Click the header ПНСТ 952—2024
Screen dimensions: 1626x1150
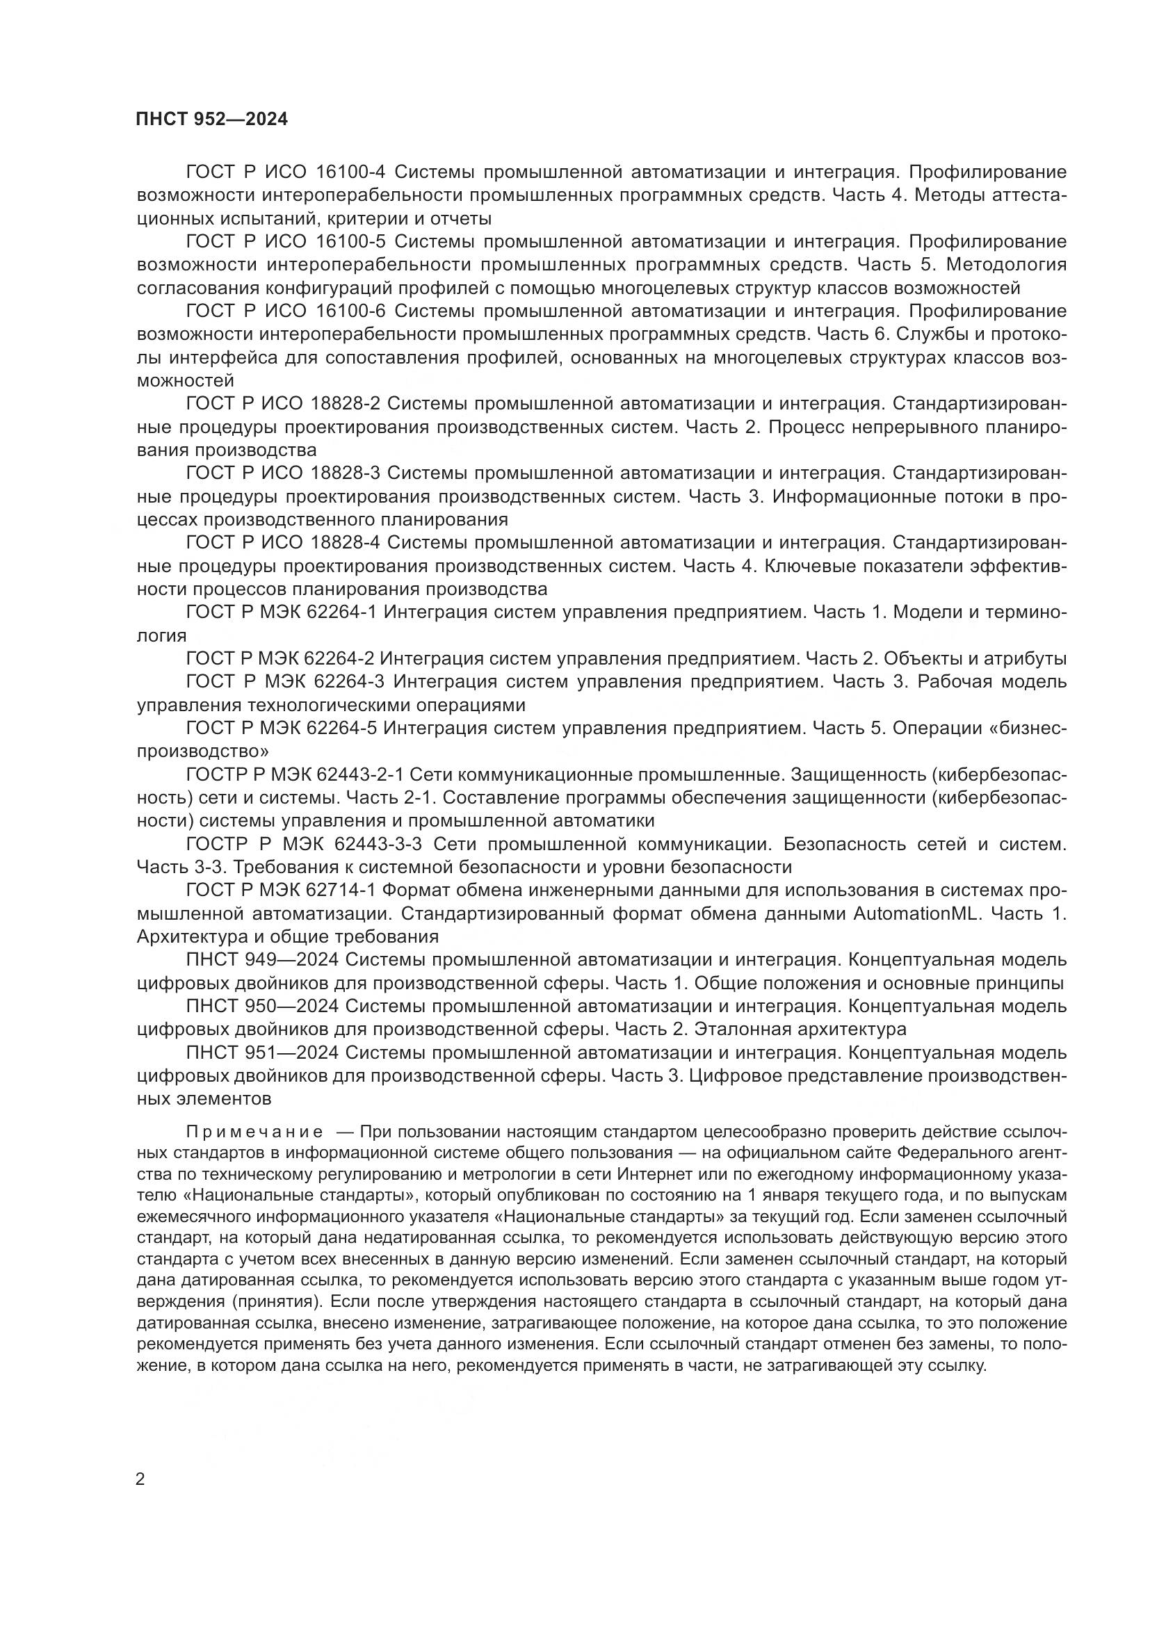click(x=212, y=119)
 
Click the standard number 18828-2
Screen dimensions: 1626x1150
click(x=346, y=404)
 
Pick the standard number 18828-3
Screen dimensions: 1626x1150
click(x=346, y=473)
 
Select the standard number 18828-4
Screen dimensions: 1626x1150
click(x=346, y=542)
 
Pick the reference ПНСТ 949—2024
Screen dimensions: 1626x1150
click(x=263, y=960)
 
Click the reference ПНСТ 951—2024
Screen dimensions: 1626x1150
click(x=263, y=1053)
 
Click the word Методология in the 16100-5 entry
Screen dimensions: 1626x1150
click(x=1006, y=265)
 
